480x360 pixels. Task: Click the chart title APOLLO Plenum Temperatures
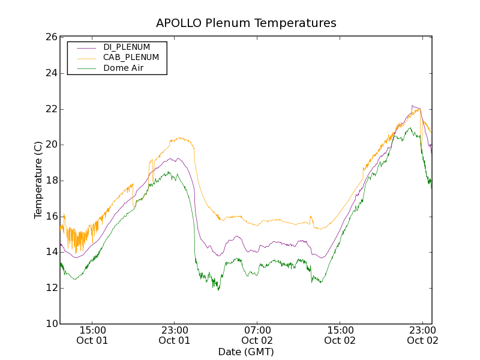pos(246,23)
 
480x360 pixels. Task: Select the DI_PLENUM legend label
pos(127,47)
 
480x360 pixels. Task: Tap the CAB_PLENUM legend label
pos(131,57)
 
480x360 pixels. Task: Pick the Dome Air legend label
pos(124,68)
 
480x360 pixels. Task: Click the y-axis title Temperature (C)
pos(38,180)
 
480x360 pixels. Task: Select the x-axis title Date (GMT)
pos(246,352)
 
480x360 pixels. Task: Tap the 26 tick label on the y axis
pos(50,37)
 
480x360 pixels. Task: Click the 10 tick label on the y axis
pos(50,324)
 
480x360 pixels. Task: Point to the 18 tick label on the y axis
pos(50,181)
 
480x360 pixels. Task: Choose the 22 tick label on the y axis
pos(50,109)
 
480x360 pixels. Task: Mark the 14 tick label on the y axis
pos(50,253)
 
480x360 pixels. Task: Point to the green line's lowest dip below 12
pos(218,290)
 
